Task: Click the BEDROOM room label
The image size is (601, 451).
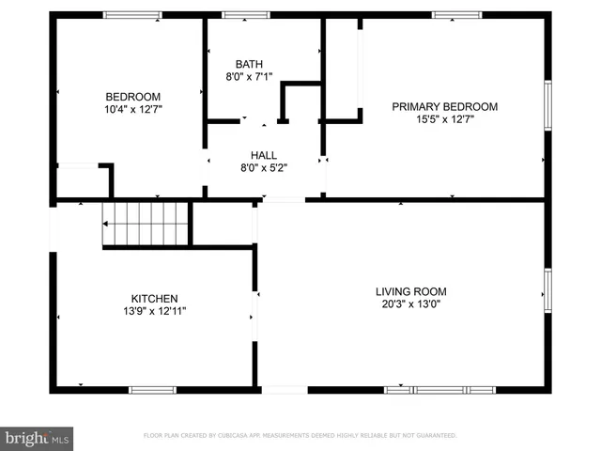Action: pos(132,97)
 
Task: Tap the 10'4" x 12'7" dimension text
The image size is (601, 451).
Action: pos(132,109)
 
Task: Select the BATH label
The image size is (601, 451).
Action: pos(249,65)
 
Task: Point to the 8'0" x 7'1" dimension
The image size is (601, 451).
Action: pos(249,77)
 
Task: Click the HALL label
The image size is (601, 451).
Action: pos(263,155)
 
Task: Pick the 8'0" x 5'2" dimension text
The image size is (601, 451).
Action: pos(263,167)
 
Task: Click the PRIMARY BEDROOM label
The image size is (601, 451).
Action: pos(445,107)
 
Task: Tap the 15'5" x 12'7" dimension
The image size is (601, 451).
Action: pos(445,119)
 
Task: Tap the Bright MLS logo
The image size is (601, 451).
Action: pos(37,438)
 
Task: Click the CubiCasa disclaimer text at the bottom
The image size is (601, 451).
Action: pos(300,436)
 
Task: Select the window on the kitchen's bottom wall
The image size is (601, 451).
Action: pos(152,389)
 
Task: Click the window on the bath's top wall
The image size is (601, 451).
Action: pos(245,14)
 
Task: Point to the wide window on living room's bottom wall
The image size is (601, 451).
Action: pos(439,389)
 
